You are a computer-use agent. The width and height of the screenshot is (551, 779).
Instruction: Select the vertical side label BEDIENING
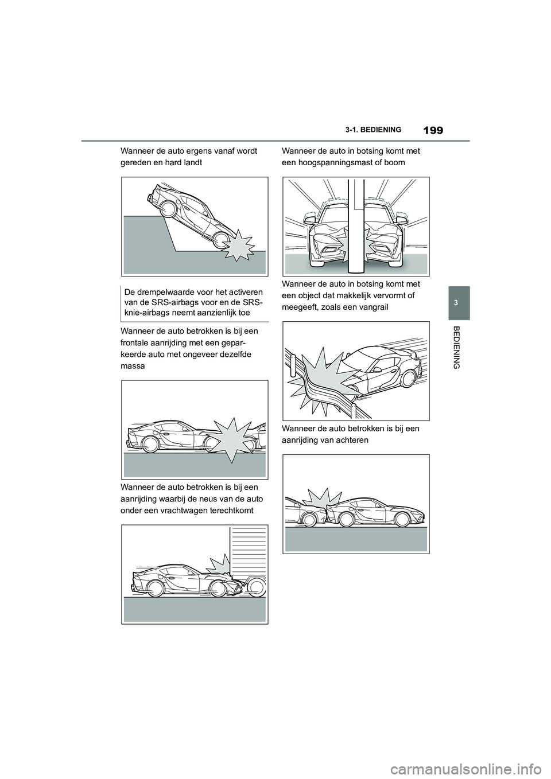457,347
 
